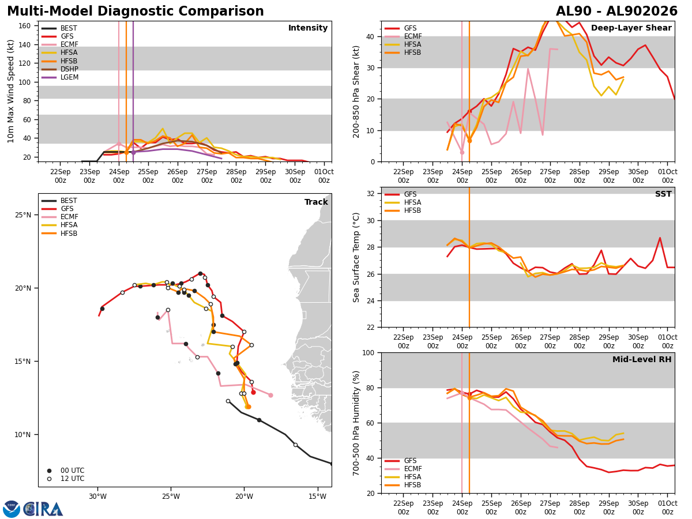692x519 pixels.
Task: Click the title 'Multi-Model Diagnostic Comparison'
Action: pos(136,11)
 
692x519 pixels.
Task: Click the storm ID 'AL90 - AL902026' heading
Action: pos(616,11)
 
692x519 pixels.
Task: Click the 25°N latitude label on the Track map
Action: pos(23,215)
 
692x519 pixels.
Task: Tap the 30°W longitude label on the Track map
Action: pos(97,497)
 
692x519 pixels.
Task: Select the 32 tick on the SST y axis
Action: pos(371,194)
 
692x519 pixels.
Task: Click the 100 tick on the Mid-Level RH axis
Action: pos(368,353)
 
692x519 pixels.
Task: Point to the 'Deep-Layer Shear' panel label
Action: pos(631,28)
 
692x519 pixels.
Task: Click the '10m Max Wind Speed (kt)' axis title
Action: pos(10,91)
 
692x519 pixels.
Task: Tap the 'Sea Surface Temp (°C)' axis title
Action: pos(356,257)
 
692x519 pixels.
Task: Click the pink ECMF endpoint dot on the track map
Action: pos(270,395)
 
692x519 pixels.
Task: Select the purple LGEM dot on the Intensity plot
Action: pos(133,152)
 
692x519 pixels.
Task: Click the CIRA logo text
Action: pos(43,509)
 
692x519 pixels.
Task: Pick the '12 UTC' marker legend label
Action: pos(73,479)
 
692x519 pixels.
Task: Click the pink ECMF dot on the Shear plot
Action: pos(462,152)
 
